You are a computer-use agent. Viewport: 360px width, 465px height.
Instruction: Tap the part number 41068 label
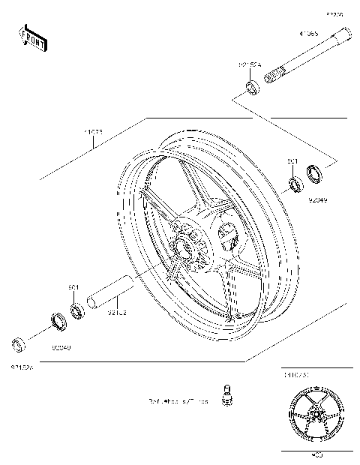point(308,34)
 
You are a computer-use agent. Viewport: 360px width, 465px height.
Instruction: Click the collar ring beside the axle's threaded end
point(252,90)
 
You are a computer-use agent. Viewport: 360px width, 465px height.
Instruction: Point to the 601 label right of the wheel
point(292,160)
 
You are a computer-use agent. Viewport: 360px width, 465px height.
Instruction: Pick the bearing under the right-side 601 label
point(295,181)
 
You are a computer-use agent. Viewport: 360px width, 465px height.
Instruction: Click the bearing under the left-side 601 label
point(76,309)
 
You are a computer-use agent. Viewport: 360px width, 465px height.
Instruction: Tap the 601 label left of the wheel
point(73,288)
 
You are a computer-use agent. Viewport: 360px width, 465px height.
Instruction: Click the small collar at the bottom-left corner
point(19,345)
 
